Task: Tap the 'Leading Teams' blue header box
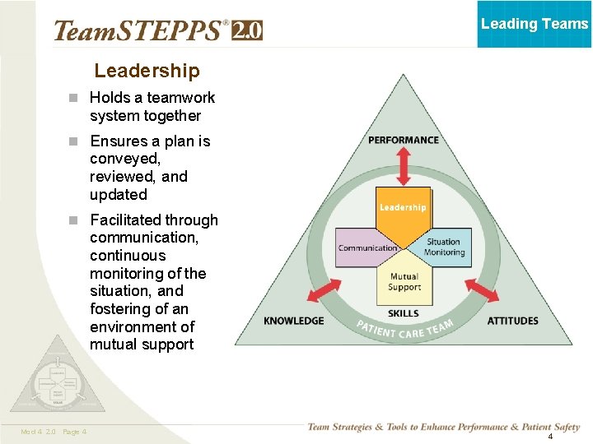535,24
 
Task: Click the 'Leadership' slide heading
147,72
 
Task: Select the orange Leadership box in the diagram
403,207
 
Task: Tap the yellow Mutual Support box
404,282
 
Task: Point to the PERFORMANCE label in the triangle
404,140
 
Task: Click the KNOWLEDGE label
294,321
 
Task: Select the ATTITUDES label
512,321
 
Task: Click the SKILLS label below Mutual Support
403,313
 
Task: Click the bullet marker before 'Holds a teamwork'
73,98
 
